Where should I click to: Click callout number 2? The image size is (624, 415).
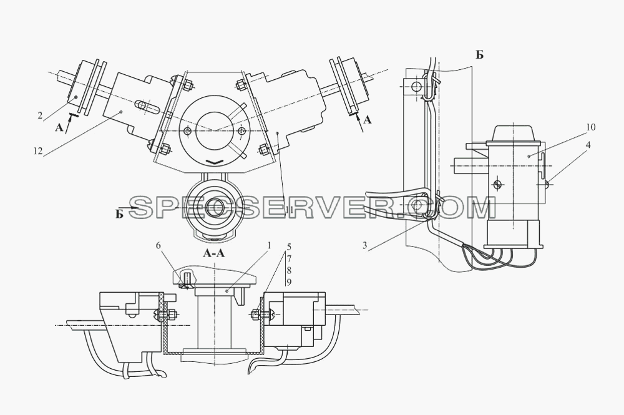coord(40,116)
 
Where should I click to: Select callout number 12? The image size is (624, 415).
coord(38,151)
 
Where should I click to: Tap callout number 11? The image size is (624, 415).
coord(290,210)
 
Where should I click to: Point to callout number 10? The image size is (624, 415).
coord(590,127)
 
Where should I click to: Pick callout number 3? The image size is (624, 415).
coord(364,245)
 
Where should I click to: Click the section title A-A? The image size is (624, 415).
coord(213,253)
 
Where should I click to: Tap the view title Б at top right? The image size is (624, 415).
coord(479,55)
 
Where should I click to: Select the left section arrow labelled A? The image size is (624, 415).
coord(67,124)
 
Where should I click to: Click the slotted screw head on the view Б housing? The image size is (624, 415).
coord(497,184)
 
